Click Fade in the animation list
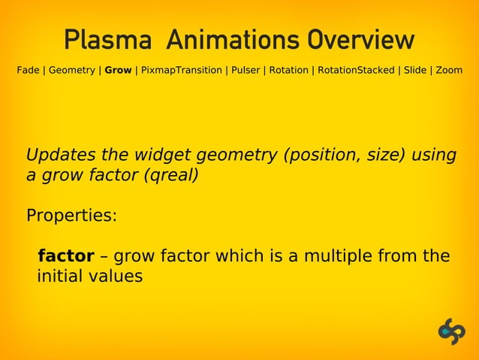pyautogui.click(x=29, y=71)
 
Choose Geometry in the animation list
pyautogui.click(x=71, y=71)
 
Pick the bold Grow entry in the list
pyautogui.click(x=118, y=71)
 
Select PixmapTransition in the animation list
pyautogui.click(x=180, y=71)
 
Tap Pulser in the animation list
pyautogui.click(x=245, y=71)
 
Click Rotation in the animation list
pyautogui.click(x=289, y=71)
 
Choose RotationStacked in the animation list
pyautogui.click(x=355, y=71)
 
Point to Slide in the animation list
pyautogui.click(x=415, y=71)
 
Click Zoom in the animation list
pyautogui.click(x=449, y=71)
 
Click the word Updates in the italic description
pyautogui.click(x=59, y=156)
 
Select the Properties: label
pyautogui.click(x=71, y=216)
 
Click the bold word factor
pyautogui.click(x=66, y=256)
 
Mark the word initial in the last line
pyautogui.click(x=59, y=276)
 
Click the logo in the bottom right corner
pyautogui.click(x=452, y=331)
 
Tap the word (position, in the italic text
pyautogui.click(x=321, y=156)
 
